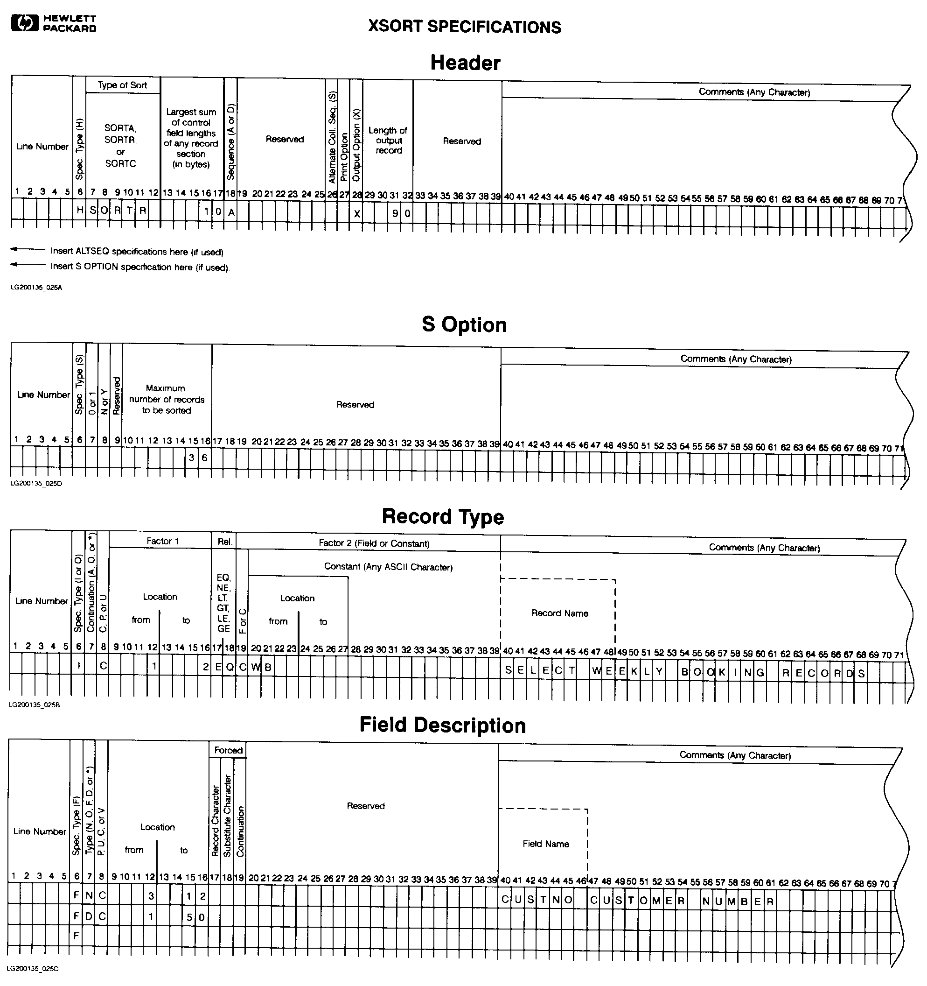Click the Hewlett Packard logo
pyautogui.click(x=54, y=23)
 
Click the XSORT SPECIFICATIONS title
pyautogui.click(x=465, y=27)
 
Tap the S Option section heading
pyautogui.click(x=464, y=325)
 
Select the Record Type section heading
pyautogui.click(x=443, y=516)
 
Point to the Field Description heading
pyautogui.click(x=442, y=725)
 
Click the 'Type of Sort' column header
pyautogui.click(x=122, y=85)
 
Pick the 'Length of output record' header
pyautogui.click(x=388, y=141)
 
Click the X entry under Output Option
pyautogui.click(x=356, y=214)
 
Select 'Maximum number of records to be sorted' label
pyautogui.click(x=167, y=399)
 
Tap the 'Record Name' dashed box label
pyautogui.click(x=560, y=613)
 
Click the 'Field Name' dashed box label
pyautogui.click(x=545, y=844)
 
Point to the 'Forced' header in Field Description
pyautogui.click(x=228, y=750)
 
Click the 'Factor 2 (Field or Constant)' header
pyautogui.click(x=374, y=543)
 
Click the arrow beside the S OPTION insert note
pyautogui.click(x=28, y=265)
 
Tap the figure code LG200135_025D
pyautogui.click(x=36, y=483)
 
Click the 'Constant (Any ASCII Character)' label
pyautogui.click(x=388, y=567)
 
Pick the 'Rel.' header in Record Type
pyautogui.click(x=224, y=542)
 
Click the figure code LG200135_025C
pyautogui.click(x=33, y=968)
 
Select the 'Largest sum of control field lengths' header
pyautogui.click(x=191, y=138)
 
